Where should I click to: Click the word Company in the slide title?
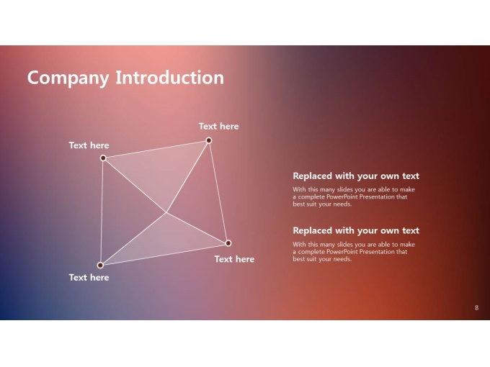tap(68, 78)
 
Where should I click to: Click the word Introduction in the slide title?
tap(169, 77)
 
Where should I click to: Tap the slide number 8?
tap(476, 308)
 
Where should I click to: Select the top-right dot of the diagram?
tap(209, 140)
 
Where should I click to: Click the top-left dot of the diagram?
tap(103, 158)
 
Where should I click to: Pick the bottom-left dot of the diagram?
tap(100, 266)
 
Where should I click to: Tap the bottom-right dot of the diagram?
tap(228, 243)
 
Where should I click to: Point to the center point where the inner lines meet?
tap(166, 212)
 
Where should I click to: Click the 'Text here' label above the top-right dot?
tap(219, 127)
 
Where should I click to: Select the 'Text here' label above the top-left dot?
tap(89, 145)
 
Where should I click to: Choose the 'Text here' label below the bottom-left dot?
tap(89, 278)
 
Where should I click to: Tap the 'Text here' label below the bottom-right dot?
tap(234, 259)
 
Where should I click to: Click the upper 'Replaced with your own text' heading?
tap(356, 176)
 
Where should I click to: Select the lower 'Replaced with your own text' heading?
tap(356, 230)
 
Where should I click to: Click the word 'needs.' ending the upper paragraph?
tap(343, 204)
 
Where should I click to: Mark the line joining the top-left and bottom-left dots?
tap(102, 212)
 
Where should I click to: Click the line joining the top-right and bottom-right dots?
tap(218, 191)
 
